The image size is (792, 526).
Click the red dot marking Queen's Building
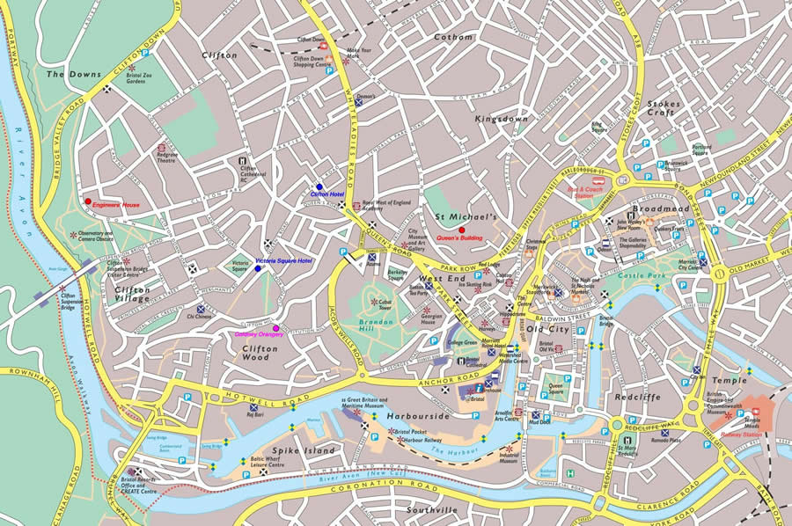(461, 230)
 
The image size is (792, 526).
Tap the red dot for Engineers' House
(87, 202)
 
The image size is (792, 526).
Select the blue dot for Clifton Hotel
(319, 186)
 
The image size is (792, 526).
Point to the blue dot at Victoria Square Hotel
(258, 268)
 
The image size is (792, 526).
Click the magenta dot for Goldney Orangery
(275, 328)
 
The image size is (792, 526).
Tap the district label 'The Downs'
(68, 75)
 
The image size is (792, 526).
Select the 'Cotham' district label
(453, 37)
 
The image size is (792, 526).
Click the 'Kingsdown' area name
(502, 118)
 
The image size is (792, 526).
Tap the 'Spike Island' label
(304, 450)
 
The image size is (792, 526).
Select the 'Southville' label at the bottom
(432, 509)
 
